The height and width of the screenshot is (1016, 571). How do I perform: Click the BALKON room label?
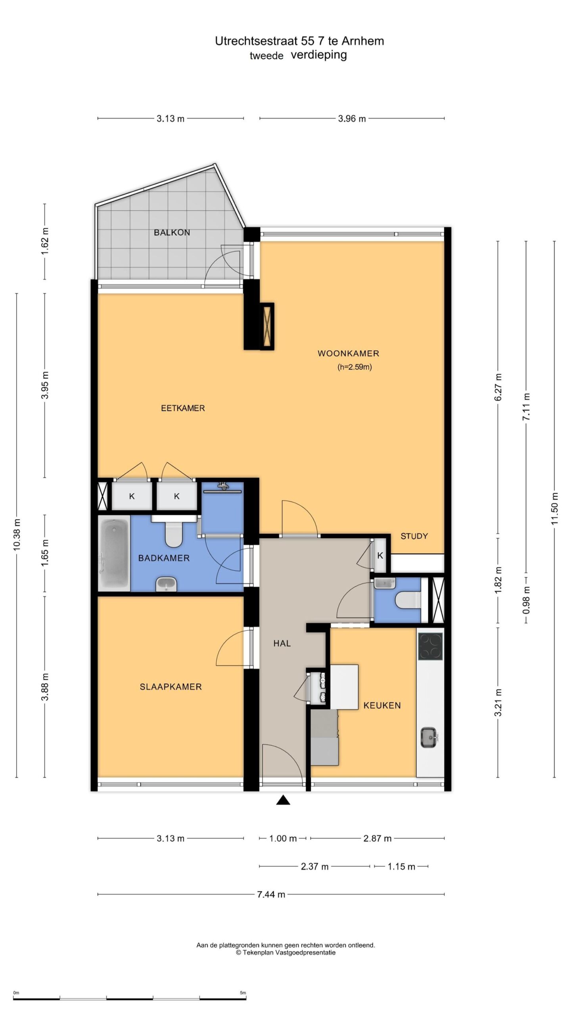point(172,233)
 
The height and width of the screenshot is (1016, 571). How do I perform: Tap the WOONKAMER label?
point(348,353)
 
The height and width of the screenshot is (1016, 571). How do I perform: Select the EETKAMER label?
point(183,408)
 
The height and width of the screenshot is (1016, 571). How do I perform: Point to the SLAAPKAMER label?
point(171,687)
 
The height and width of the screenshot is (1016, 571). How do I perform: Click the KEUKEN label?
point(382,705)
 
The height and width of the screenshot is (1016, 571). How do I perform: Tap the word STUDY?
point(414,536)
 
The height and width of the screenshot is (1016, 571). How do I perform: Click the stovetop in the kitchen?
point(430,646)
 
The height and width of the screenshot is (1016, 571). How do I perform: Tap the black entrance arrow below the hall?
point(283,800)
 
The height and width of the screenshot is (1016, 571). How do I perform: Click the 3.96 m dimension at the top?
point(352,119)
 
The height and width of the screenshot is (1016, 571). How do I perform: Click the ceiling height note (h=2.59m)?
point(354,367)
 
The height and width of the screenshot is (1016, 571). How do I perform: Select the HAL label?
point(282,643)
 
